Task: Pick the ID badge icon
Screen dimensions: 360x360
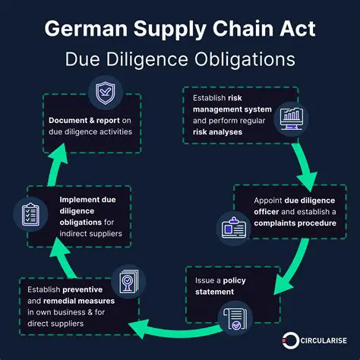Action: [x=232, y=227]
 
